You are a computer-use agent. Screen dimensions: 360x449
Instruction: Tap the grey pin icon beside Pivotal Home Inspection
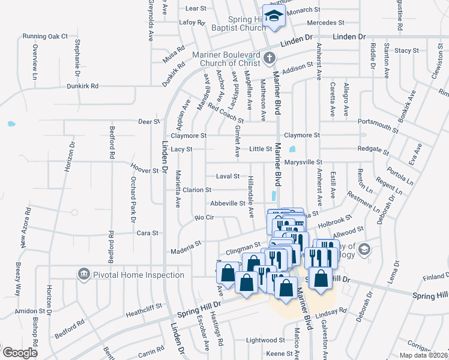tap(83, 275)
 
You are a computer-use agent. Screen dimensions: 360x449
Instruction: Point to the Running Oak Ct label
tap(45, 36)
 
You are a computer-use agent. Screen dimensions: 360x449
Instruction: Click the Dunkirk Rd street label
tap(82, 86)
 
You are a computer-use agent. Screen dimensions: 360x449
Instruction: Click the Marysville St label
tap(303, 162)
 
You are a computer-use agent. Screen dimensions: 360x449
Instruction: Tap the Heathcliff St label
tap(144, 307)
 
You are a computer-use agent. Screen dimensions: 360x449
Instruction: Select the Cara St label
tap(147, 233)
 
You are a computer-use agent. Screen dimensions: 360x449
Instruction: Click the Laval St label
tap(228, 176)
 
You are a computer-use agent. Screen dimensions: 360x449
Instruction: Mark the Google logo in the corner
tap(19, 353)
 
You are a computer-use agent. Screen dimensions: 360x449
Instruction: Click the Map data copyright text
tap(424, 355)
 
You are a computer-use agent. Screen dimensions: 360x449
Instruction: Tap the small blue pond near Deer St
tap(11, 124)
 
